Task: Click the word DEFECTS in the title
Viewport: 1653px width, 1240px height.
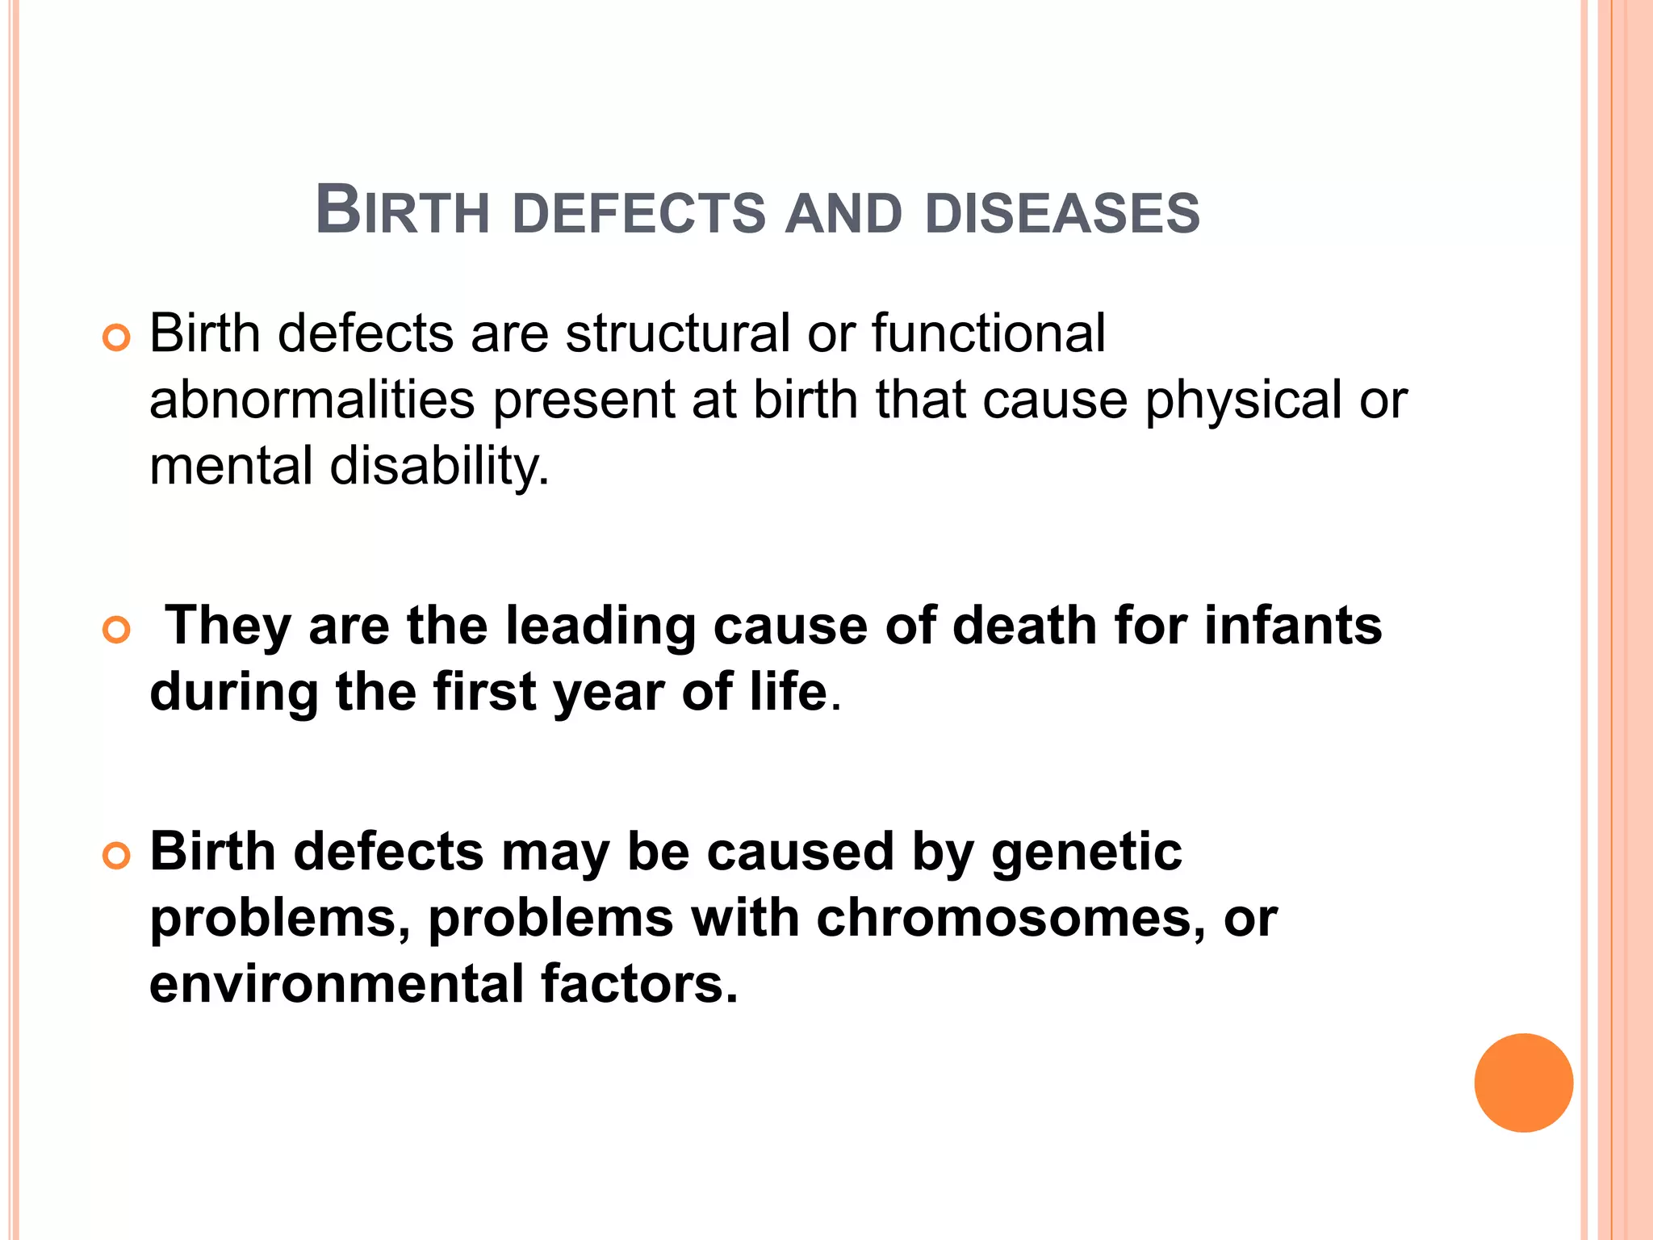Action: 638,214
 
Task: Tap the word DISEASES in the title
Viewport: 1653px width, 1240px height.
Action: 1062,214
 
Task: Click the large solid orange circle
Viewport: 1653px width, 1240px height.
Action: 1523,1083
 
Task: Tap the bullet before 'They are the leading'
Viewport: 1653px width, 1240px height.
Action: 117,630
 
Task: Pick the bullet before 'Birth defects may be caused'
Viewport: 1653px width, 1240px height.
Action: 117,857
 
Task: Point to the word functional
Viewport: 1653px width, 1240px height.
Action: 988,333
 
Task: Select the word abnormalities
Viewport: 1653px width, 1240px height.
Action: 312,400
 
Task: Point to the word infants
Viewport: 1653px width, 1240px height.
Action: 1292,626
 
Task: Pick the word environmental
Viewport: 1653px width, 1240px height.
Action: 337,984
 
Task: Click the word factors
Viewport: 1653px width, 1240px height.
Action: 638,984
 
